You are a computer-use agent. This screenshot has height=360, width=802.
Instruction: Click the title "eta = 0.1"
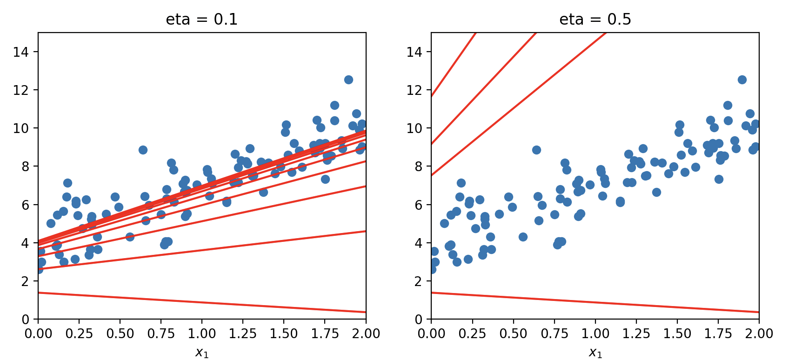pyautogui.click(x=201, y=20)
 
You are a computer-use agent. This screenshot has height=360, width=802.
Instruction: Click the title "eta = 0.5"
pyautogui.click(x=595, y=20)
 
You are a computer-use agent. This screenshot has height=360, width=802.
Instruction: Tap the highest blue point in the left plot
pyautogui.click(x=348, y=80)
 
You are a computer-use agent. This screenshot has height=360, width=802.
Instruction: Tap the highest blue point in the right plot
pyautogui.click(x=742, y=80)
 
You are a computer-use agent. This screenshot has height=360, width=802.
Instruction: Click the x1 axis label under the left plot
pyautogui.click(x=202, y=353)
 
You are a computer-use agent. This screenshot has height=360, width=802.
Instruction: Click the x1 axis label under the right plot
pyautogui.click(x=595, y=353)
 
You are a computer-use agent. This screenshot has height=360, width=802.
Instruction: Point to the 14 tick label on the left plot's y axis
pyautogui.click(x=21, y=52)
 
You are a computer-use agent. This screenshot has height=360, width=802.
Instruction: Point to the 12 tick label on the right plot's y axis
pyautogui.click(x=414, y=90)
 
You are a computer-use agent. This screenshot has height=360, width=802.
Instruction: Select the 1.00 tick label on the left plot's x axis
pyautogui.click(x=202, y=333)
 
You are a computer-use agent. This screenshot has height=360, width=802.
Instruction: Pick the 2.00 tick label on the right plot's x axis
pyautogui.click(x=759, y=333)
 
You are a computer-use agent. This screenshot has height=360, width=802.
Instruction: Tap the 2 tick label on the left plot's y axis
pyautogui.click(x=25, y=281)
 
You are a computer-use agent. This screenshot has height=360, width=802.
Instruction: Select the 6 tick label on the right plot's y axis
pyautogui.click(x=419, y=205)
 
